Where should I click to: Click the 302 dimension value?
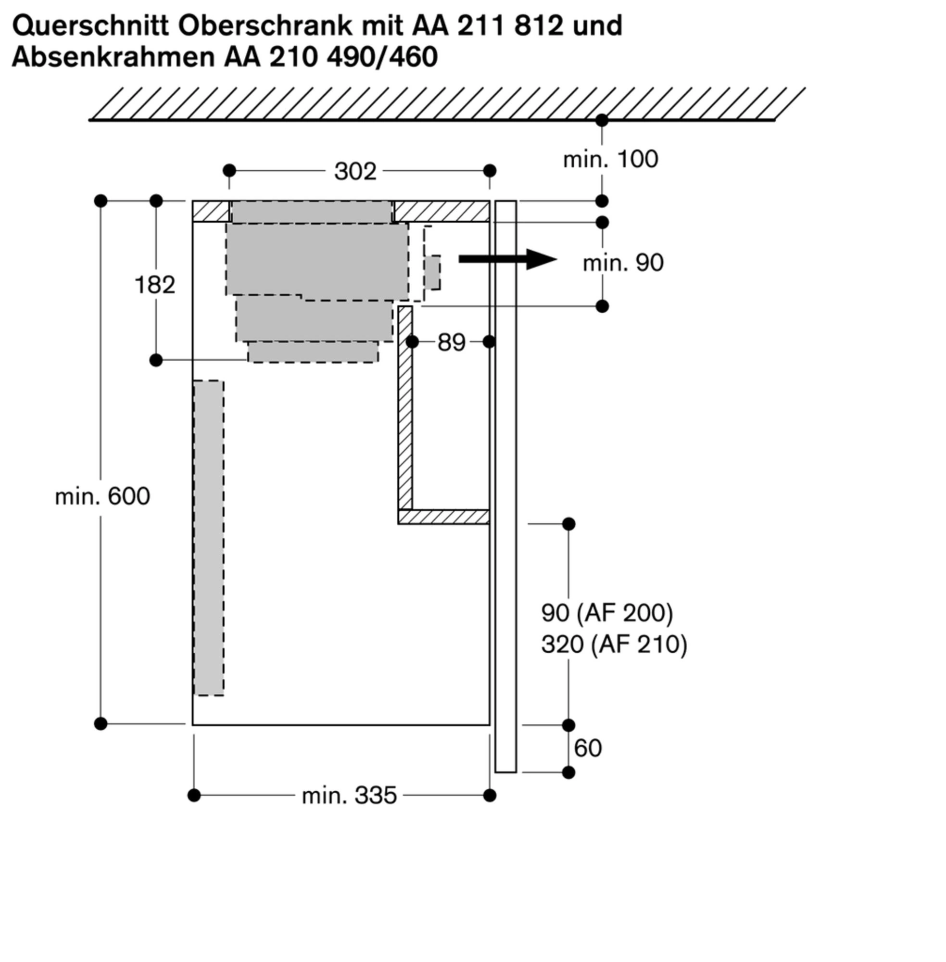point(355,171)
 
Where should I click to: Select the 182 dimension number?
point(154,285)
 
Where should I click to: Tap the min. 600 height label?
point(102,496)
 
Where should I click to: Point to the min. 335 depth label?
point(349,796)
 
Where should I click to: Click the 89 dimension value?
point(451,342)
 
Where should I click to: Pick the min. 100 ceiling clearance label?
point(610,160)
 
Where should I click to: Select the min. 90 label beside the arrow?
point(622,263)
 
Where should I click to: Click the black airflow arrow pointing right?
point(507,259)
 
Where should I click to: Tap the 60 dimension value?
point(588,748)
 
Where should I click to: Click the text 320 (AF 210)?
point(614,645)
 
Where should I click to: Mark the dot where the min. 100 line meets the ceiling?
point(602,120)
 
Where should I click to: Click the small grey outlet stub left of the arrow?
point(433,272)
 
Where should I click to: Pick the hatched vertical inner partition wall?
point(405,407)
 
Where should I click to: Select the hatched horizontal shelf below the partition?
point(444,517)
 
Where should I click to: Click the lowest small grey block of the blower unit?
point(313,352)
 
